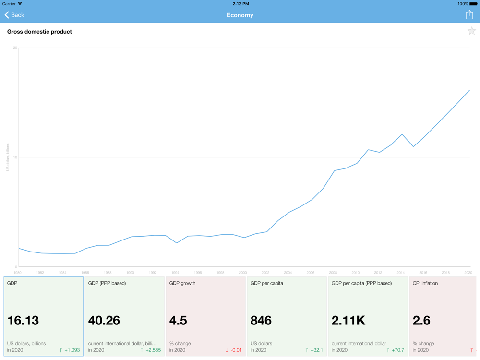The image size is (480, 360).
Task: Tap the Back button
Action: click(x=14, y=15)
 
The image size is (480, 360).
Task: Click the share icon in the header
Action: click(x=469, y=15)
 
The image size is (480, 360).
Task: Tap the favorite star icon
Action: click(x=472, y=32)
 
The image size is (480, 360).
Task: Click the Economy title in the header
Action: click(x=240, y=15)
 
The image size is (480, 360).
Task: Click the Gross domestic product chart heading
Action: click(x=39, y=32)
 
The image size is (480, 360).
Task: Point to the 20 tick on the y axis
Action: click(x=15, y=48)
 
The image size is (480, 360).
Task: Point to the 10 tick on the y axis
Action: click(x=15, y=157)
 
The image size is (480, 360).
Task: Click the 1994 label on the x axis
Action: click(x=175, y=273)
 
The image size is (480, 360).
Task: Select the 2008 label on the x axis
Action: click(x=333, y=273)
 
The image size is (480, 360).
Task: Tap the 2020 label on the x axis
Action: click(x=468, y=273)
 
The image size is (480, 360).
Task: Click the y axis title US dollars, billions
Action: click(x=8, y=157)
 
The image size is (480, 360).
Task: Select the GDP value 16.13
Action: click(x=23, y=320)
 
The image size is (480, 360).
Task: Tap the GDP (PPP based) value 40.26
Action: click(x=104, y=320)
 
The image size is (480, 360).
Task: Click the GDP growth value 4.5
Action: click(x=178, y=320)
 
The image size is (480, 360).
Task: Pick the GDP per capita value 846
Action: click(x=261, y=320)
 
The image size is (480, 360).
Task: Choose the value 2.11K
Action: click(x=348, y=320)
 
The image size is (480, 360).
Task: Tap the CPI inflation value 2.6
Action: click(x=421, y=320)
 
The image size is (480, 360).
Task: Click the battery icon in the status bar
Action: click(x=473, y=4)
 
